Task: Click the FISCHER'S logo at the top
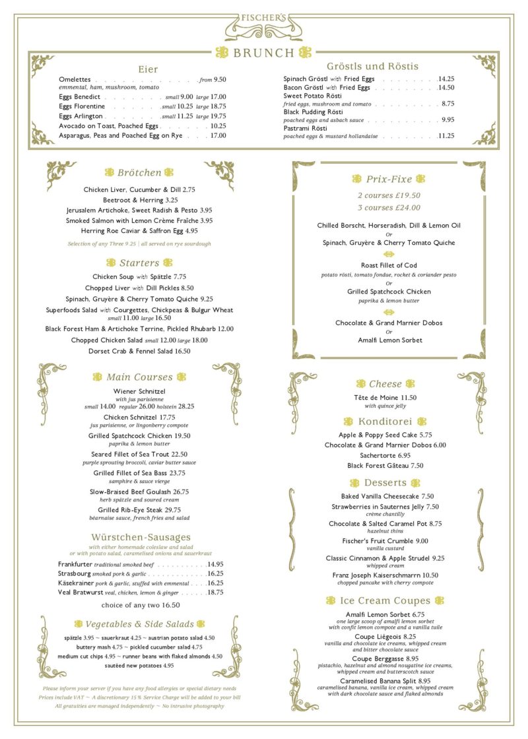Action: tap(263, 18)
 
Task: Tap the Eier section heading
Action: tap(148, 69)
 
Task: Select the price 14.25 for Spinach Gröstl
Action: tap(446, 79)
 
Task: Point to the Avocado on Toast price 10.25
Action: tap(218, 125)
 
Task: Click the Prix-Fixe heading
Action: tap(389, 179)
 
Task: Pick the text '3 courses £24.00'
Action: tap(389, 207)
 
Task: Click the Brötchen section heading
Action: tap(139, 173)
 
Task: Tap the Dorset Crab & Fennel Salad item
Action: tap(139, 351)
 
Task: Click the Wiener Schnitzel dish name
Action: tap(139, 391)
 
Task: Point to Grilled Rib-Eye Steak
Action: tap(139, 510)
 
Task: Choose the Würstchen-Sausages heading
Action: tap(141, 537)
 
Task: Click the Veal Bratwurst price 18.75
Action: tap(215, 593)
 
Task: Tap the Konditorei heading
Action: tap(385, 421)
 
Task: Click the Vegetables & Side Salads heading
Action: tap(139, 624)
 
